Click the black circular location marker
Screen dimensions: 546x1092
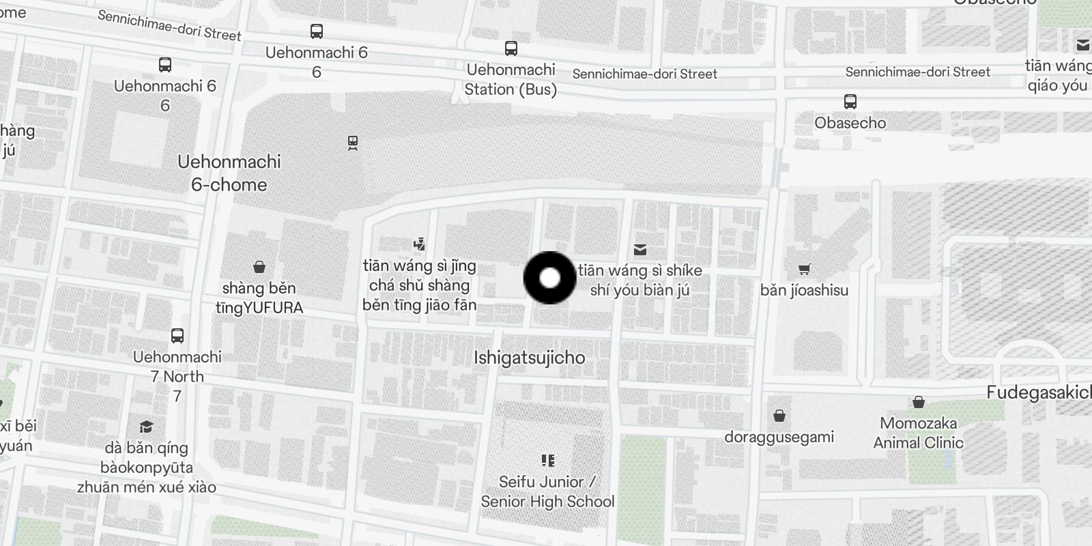(550, 278)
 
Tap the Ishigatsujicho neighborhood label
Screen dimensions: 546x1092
(530, 358)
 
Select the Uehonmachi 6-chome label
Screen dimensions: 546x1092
(229, 173)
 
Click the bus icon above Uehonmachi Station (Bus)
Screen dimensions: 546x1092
(511, 48)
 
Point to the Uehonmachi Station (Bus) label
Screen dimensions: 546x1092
(511, 79)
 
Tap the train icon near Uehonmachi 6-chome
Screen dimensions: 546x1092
(352, 143)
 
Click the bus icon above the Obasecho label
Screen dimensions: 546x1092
(850, 102)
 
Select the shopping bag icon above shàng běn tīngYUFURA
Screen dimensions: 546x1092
(259, 267)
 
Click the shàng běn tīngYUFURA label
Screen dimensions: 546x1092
(259, 298)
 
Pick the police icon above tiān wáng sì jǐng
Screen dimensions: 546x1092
(420, 244)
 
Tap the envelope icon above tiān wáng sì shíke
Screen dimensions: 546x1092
(640, 250)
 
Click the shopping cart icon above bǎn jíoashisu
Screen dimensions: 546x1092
(804, 270)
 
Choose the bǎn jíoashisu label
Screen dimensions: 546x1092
(804, 290)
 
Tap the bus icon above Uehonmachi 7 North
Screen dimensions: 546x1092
(177, 336)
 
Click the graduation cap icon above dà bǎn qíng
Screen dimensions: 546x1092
(146, 427)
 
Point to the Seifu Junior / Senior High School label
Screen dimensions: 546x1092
(547, 491)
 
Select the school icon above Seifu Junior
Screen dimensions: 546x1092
(547, 461)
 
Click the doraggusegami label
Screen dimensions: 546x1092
(779, 437)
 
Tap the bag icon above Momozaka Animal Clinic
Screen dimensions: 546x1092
(919, 402)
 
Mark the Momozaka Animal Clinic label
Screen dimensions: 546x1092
(919, 433)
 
